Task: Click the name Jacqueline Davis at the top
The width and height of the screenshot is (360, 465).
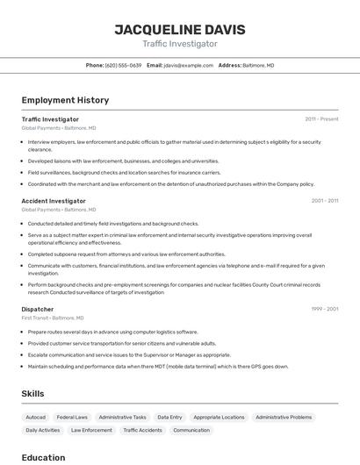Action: click(180, 29)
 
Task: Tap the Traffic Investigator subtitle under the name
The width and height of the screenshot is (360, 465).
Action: click(180, 44)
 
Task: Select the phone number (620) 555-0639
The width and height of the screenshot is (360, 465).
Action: click(123, 66)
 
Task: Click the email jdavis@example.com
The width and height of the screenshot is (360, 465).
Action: click(192, 66)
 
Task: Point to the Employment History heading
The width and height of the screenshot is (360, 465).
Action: click(65, 100)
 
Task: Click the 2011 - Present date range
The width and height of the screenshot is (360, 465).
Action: click(321, 119)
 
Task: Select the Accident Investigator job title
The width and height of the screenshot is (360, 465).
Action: click(54, 201)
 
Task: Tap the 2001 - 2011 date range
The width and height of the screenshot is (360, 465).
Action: click(324, 201)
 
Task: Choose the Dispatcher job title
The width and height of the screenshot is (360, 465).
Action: click(38, 309)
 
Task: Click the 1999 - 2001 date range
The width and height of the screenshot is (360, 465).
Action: click(324, 309)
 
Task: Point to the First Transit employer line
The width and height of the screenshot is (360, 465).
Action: click(53, 318)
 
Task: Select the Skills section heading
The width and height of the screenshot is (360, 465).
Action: click(32, 394)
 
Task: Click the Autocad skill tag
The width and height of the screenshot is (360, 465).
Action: click(36, 418)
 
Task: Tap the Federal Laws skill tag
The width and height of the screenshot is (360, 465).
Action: click(72, 418)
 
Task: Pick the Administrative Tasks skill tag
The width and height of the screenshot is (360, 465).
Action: click(122, 418)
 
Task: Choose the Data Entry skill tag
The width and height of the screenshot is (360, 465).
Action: click(169, 418)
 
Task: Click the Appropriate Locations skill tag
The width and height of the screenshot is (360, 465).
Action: click(219, 418)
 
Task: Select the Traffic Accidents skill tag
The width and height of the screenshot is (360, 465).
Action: click(142, 431)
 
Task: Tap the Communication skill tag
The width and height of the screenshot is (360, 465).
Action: click(191, 431)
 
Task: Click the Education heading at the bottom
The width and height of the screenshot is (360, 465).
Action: click(43, 457)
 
